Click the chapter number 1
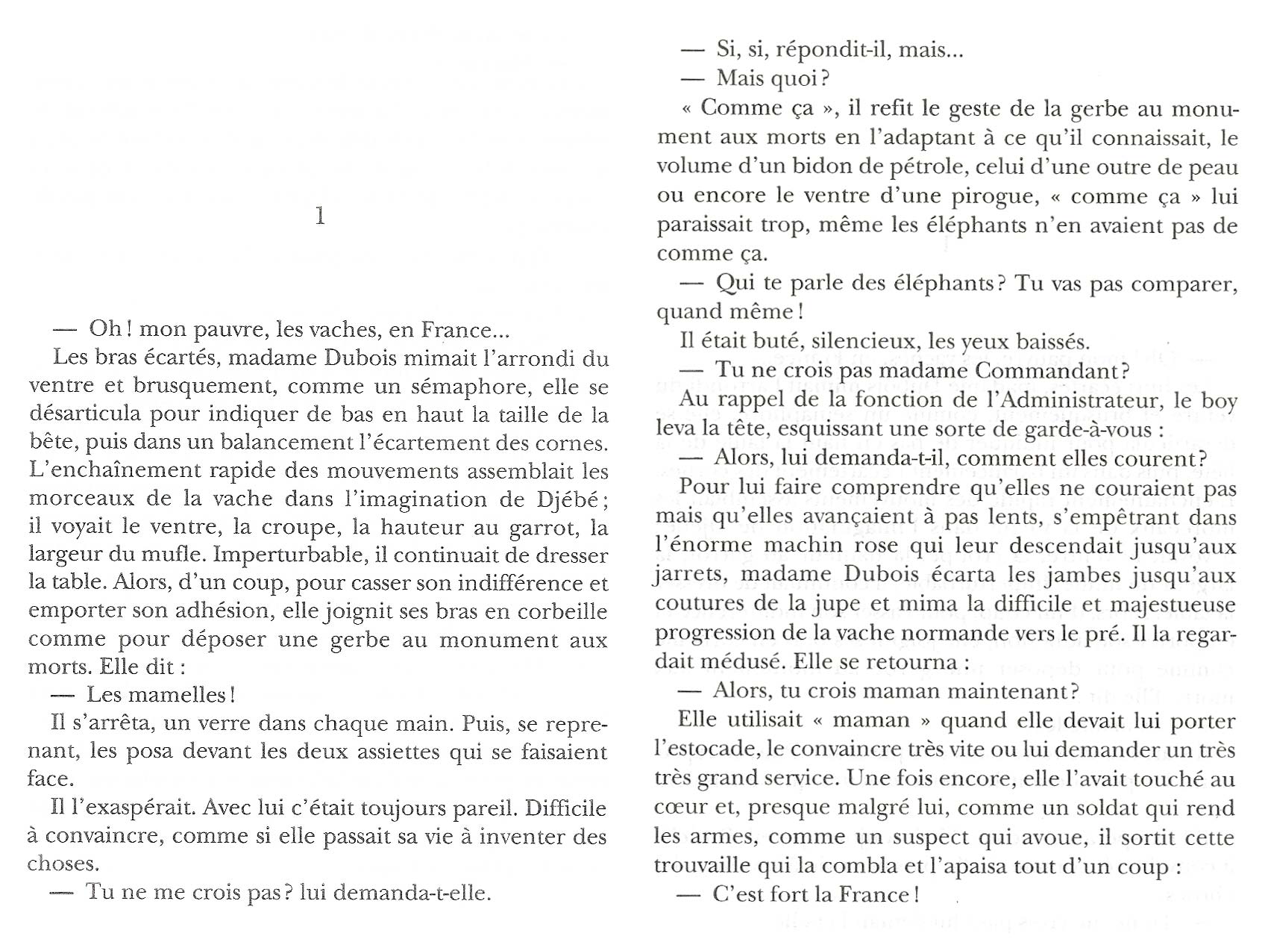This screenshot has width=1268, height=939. point(320,216)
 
